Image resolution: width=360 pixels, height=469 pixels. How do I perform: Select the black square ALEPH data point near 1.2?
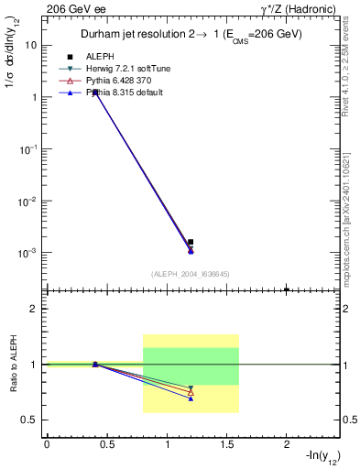[x=191, y=243]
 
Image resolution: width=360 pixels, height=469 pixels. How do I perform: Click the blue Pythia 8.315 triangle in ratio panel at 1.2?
[x=191, y=398]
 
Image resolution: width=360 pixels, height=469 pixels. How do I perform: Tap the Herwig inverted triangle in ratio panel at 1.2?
[x=191, y=387]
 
